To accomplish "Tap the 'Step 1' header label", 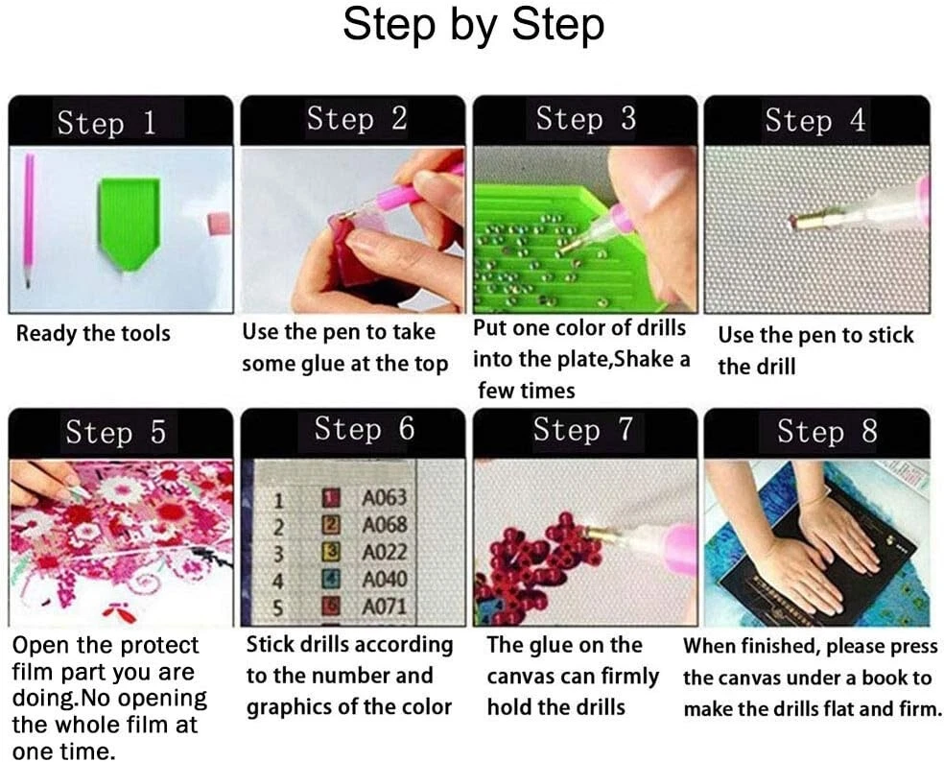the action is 106,122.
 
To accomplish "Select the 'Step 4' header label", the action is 815,120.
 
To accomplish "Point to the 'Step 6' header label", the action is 365,430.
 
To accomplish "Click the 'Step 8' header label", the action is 827,432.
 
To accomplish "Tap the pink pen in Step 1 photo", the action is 29,220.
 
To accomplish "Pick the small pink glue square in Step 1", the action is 219,224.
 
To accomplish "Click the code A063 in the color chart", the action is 384,498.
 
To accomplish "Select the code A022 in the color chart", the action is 384,553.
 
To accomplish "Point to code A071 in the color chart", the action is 384,607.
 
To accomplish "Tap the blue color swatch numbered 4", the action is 332,580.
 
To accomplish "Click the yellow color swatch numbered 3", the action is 332,552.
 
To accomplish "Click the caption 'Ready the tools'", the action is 93,334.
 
